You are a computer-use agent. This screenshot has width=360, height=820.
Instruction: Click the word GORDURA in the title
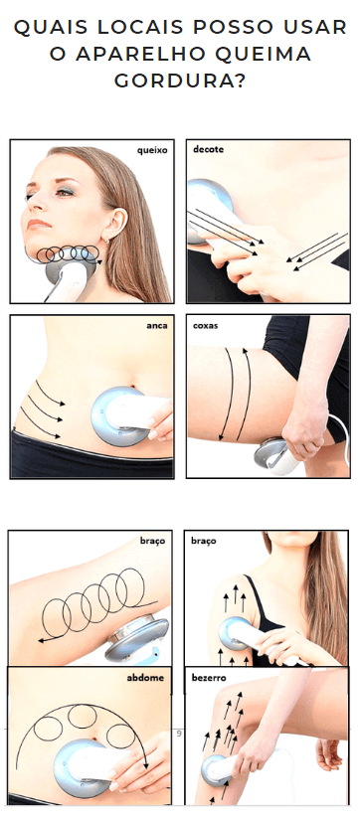(x=180, y=82)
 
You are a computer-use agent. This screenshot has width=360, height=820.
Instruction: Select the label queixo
(x=152, y=150)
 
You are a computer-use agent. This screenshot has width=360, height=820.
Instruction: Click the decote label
(x=208, y=149)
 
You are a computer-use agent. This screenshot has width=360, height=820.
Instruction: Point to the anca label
(x=157, y=325)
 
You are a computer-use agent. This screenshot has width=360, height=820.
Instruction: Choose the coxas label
(x=205, y=325)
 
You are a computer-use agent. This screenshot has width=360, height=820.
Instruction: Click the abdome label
(x=145, y=677)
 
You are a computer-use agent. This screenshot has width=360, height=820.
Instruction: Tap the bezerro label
(x=209, y=678)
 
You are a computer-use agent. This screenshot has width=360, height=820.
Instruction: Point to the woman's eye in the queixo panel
(x=65, y=193)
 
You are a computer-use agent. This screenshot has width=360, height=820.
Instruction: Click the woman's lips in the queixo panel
(x=38, y=224)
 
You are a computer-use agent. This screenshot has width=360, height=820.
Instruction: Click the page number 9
(x=179, y=734)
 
